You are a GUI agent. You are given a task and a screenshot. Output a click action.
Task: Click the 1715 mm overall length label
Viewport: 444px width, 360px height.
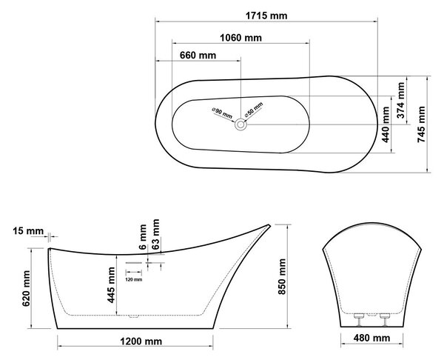tap(266, 16)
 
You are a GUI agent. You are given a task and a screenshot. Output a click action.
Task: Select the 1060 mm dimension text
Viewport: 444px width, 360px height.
tap(241, 38)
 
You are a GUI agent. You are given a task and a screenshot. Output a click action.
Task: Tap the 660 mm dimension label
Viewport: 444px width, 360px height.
tap(198, 55)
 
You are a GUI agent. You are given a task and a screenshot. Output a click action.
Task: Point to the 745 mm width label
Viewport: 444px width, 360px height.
tap(421, 124)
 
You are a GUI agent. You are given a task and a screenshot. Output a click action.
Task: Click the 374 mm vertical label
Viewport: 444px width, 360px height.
tap(400, 100)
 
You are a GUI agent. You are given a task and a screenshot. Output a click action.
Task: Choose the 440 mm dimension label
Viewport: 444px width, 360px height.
tap(386, 124)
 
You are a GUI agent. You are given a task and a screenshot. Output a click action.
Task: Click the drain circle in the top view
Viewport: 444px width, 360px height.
tap(240, 124)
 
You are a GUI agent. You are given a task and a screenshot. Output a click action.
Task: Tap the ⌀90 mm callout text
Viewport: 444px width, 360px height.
tap(222, 113)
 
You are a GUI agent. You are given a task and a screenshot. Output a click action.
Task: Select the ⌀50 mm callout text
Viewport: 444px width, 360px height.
tap(254, 110)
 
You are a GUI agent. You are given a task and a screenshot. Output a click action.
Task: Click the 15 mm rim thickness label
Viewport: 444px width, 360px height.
tap(28, 231)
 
